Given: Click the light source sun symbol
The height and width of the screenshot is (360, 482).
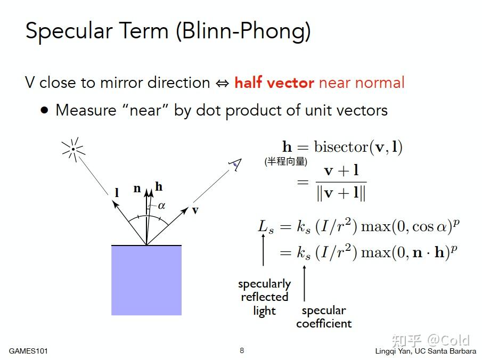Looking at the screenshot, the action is pos(73,150).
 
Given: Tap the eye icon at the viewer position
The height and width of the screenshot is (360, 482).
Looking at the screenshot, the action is pos(235,165).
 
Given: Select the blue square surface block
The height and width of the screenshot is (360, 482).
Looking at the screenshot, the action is pos(146,280).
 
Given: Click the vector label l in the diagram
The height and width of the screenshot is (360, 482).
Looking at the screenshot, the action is pos(117,193).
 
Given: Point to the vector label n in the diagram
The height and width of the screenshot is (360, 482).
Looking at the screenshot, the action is pos(137,188).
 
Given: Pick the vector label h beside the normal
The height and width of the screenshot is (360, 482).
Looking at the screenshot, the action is pos(159,186).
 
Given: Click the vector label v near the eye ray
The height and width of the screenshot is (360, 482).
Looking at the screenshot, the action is pos(195,210).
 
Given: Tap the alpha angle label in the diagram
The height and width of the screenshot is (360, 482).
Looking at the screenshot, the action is pos(162,206).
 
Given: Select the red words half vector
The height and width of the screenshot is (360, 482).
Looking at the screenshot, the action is pos(274,83).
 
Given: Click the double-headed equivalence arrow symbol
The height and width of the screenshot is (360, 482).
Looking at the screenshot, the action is pos(222,83).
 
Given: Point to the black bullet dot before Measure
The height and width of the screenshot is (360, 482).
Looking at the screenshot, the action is pos(45,110).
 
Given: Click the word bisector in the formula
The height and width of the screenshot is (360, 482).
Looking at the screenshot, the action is pos(341,146).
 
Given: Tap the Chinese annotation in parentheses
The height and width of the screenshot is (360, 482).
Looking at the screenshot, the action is pos(286,161).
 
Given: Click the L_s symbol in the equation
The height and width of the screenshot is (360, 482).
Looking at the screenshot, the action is pos(266,227).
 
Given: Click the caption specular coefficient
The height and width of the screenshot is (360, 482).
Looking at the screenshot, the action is pos(324,317).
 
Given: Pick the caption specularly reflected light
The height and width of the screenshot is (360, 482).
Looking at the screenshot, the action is pos(264,297).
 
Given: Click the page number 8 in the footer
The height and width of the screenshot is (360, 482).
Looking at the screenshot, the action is pos(242,350).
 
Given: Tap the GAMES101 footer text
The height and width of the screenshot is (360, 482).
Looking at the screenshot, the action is pos(28,351).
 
